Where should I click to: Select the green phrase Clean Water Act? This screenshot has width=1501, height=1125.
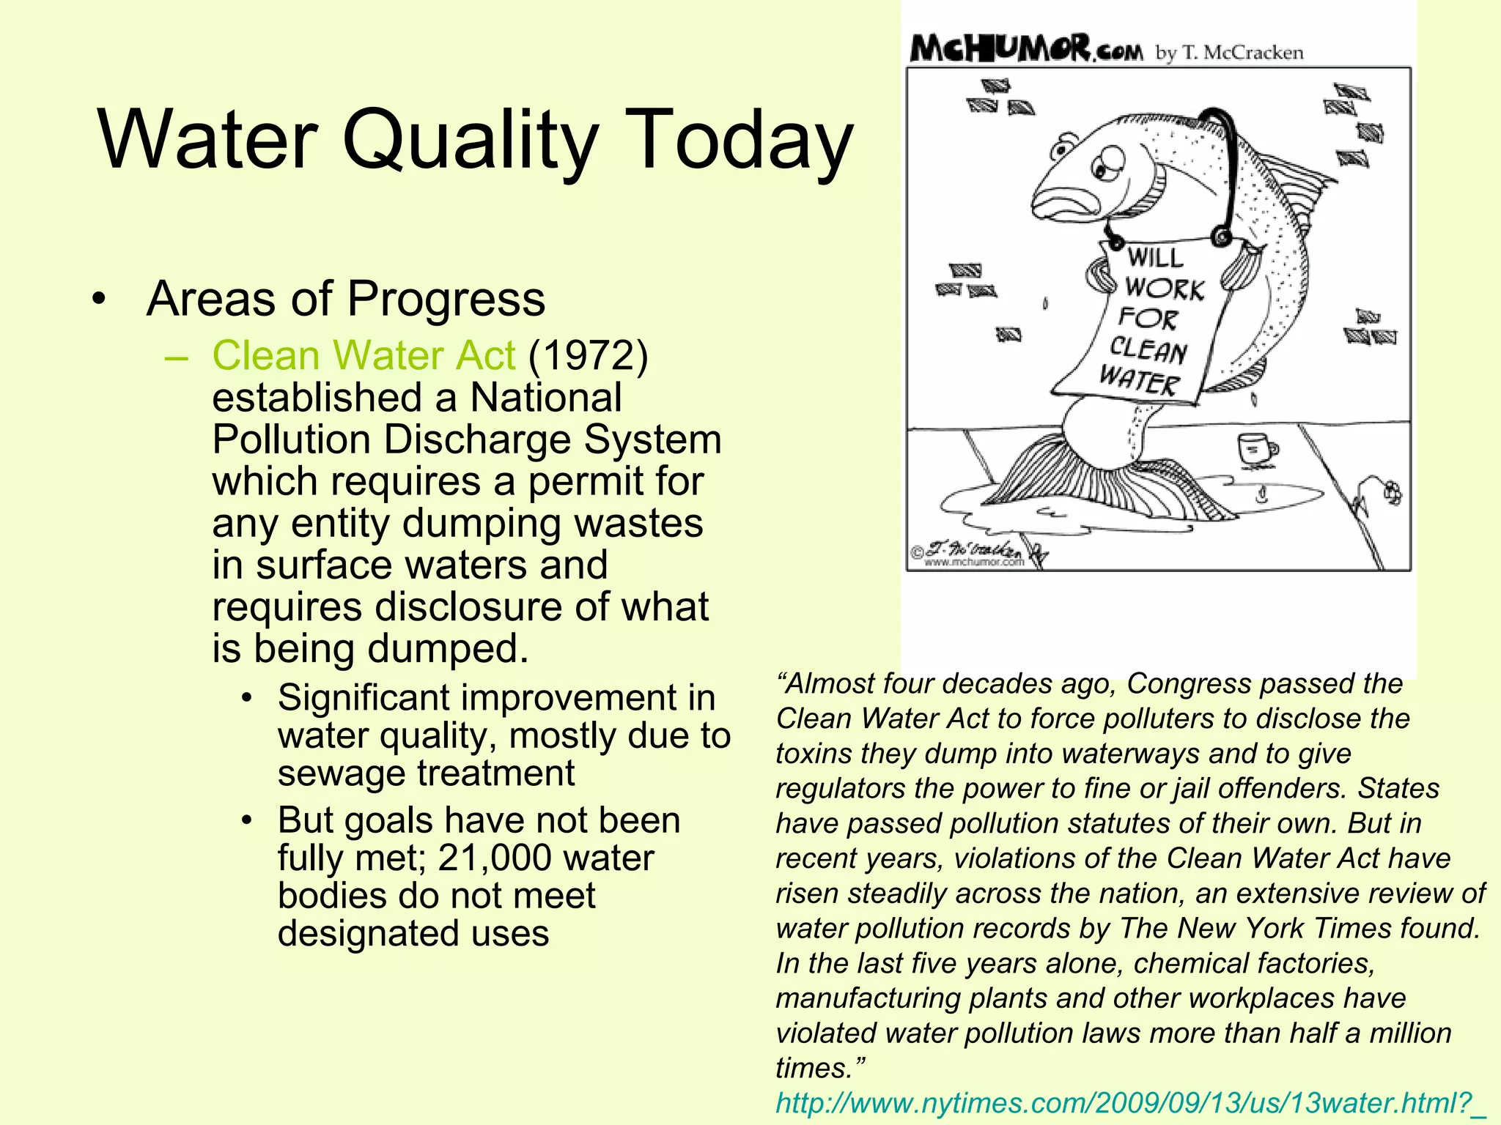click(x=364, y=356)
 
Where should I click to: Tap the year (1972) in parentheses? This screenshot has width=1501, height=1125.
click(x=588, y=356)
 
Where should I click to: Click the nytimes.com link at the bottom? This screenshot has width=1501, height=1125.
click(x=1129, y=1103)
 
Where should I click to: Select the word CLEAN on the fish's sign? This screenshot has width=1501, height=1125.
click(x=1148, y=349)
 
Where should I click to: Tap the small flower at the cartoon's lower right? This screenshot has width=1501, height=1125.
click(x=1392, y=492)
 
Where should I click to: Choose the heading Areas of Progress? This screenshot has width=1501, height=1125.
click(x=346, y=299)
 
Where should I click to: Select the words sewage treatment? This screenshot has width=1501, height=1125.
click(x=426, y=773)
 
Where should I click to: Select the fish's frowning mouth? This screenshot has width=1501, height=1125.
click(x=1063, y=201)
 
